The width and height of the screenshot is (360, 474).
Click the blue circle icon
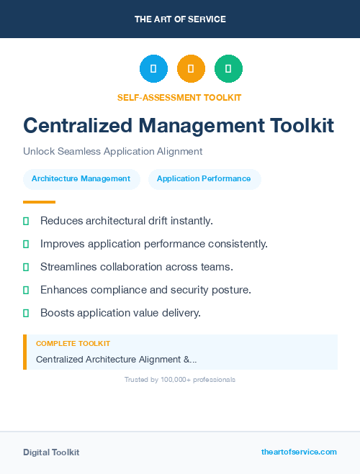point(153,69)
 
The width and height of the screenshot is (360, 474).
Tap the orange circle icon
point(191,69)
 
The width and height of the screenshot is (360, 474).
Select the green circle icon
point(228,69)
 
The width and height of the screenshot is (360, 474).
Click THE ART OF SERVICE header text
point(180,19)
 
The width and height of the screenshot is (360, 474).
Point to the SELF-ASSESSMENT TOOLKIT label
point(179,97)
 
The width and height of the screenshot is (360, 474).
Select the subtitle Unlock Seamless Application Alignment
point(113,152)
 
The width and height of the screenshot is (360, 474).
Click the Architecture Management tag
point(81,178)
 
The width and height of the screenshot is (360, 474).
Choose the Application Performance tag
point(204,178)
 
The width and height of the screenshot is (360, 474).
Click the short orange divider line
point(39,202)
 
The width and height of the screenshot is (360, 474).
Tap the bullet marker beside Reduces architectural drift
point(26,221)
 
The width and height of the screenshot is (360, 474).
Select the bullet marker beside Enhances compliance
point(26,290)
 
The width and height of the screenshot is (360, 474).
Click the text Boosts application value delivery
point(120,313)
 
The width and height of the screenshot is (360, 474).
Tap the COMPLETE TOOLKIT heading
point(73,344)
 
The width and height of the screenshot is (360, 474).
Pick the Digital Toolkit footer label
point(51,452)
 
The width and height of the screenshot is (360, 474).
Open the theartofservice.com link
point(299,452)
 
